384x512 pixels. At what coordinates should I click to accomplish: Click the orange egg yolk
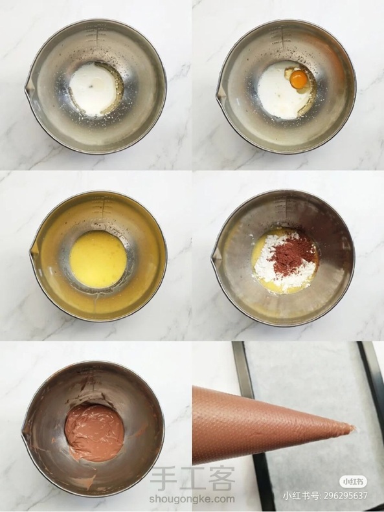pos(299,80)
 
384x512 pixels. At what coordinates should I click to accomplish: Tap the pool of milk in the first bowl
pos(93,89)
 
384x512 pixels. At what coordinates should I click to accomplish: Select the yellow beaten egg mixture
pos(98,260)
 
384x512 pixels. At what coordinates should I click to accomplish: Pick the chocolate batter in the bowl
pos(94,432)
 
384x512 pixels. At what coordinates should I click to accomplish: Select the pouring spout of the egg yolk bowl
pos(220,94)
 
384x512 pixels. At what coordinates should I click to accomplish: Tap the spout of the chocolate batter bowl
pos(25,432)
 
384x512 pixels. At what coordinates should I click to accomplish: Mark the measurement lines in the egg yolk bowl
pos(282,36)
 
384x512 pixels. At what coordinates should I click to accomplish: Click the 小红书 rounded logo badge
pos(353,482)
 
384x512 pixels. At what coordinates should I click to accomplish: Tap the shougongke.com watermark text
pos(192,499)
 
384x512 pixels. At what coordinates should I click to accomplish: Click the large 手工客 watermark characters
pos(192,479)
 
